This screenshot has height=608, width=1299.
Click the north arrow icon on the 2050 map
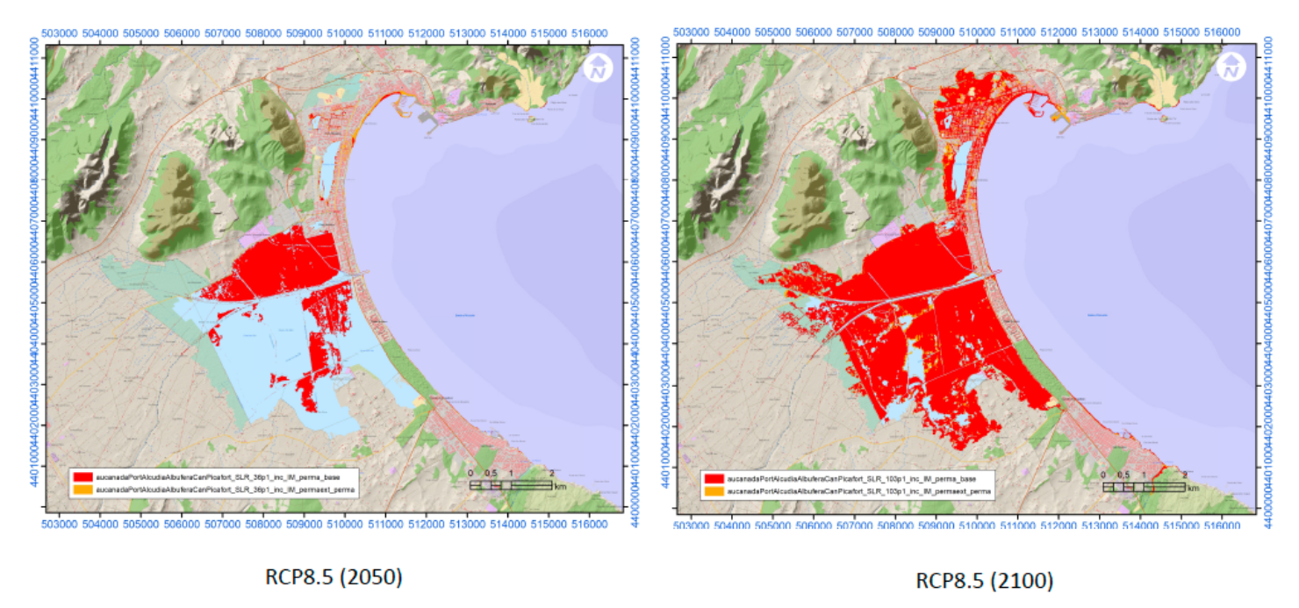click(x=599, y=68)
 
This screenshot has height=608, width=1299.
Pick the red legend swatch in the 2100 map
click(x=714, y=478)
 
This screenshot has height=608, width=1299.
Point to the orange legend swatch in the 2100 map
click(x=714, y=490)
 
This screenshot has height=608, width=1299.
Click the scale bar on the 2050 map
click(x=511, y=484)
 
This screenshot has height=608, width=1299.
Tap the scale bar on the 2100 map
click(x=1144, y=486)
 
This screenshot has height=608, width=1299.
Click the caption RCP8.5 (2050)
click(x=334, y=577)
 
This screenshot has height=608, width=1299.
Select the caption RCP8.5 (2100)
click(x=985, y=580)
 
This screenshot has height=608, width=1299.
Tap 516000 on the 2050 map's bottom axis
click(x=589, y=524)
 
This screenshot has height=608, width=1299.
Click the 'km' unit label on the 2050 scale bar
click(x=560, y=485)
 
